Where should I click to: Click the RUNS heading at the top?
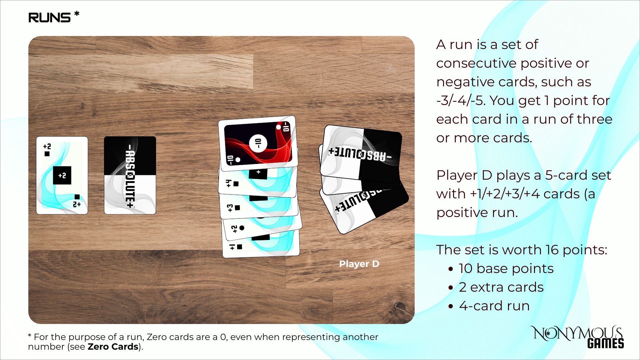pos(49,17)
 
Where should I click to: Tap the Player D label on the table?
pos(359,264)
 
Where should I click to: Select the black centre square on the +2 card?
pos(62,175)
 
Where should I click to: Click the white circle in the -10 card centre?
pos(258,143)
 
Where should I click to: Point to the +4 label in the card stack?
pos(228,183)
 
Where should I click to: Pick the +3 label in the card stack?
pos(230,208)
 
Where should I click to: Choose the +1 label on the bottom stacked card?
pos(232,247)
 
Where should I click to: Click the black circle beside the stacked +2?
pos(242,228)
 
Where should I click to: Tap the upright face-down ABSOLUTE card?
pos(130,175)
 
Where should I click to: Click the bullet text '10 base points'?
pos(506,269)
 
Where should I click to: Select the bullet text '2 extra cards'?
pos(501,287)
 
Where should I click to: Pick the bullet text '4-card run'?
pos(494,306)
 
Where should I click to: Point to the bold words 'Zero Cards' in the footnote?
pos(113,347)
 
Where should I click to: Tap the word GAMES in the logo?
pos(605,343)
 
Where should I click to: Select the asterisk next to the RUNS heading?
pos(77,14)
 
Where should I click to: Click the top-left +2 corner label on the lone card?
pos(47,146)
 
